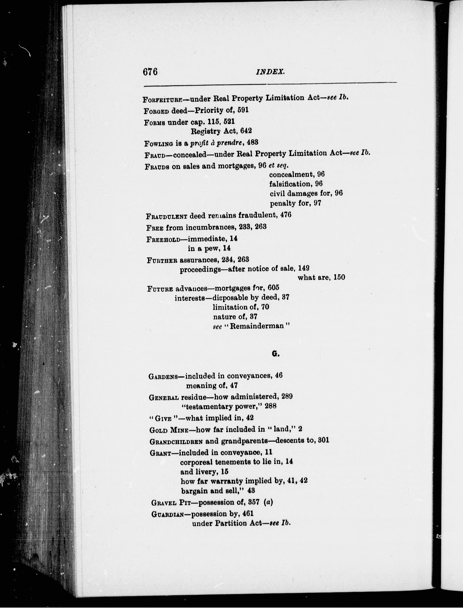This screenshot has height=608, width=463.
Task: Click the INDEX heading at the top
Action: pyautogui.click(x=270, y=72)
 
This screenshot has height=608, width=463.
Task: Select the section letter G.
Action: pyautogui.click(x=275, y=354)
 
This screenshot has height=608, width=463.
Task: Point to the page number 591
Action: pyautogui.click(x=243, y=110)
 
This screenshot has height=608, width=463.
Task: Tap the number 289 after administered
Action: pyautogui.click(x=287, y=396)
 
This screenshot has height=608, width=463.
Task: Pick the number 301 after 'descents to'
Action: pyautogui.click(x=323, y=440)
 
